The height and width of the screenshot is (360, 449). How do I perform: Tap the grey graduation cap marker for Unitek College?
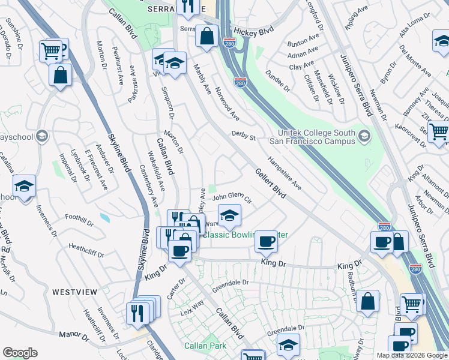[x=364, y=137]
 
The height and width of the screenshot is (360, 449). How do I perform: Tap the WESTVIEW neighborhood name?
[x=74, y=292]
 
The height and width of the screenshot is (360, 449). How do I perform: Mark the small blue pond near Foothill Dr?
[x=105, y=217]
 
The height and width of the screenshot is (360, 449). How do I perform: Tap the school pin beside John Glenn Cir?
[x=229, y=216]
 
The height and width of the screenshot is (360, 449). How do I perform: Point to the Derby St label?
[x=244, y=136]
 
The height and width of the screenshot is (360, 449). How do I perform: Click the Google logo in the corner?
[x=20, y=352]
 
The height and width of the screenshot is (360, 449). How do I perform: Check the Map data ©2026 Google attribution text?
[x=411, y=355]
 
